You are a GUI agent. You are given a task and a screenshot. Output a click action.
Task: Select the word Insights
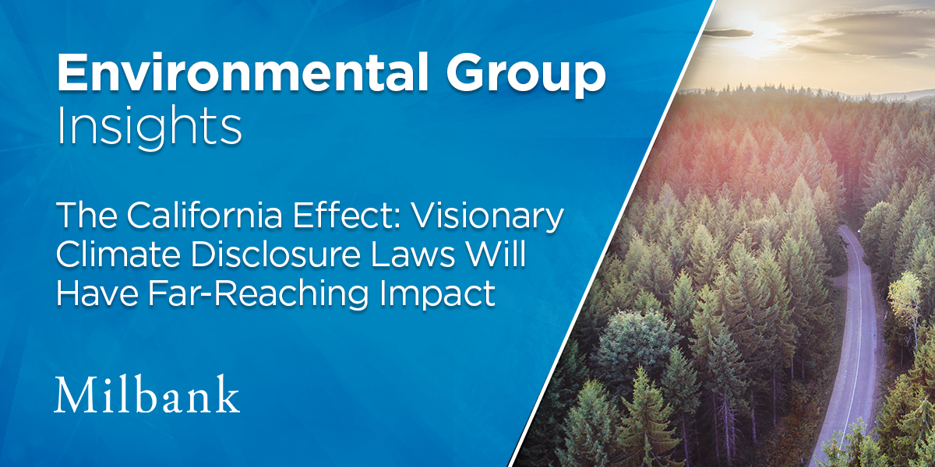click(x=148, y=128)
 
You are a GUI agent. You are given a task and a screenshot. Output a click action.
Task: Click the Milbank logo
click(x=146, y=395)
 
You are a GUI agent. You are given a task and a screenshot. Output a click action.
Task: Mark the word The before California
click(x=83, y=219)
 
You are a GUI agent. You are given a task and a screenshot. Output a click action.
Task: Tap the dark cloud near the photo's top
click(x=729, y=32)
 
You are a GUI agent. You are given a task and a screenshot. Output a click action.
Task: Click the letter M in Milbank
click(x=73, y=395)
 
